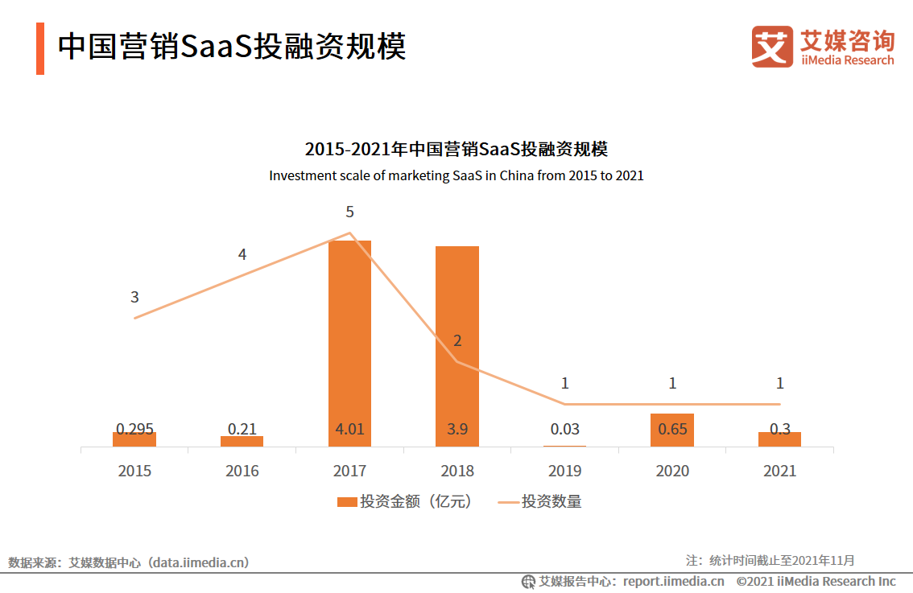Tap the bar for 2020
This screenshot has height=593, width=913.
click(672, 430)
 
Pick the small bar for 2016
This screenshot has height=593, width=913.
click(242, 441)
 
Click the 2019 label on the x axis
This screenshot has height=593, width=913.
click(564, 471)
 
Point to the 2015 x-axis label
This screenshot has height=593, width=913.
click(134, 471)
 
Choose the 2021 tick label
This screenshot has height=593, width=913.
click(779, 471)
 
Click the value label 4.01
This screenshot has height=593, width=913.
click(349, 429)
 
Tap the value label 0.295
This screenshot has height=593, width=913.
click(134, 429)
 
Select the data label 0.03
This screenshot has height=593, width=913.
click(564, 429)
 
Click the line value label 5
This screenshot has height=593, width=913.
click(349, 212)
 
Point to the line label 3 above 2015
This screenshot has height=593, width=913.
click(134, 297)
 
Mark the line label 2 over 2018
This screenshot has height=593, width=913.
click(457, 340)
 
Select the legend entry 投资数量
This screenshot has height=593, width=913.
click(540, 501)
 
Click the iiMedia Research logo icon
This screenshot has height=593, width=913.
click(771, 47)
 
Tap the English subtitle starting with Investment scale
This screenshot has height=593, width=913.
click(456, 175)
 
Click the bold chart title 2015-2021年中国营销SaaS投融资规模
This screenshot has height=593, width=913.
click(456, 149)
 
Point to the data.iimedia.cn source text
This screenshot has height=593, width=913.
click(129, 562)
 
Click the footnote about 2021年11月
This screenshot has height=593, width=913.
click(770, 560)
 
